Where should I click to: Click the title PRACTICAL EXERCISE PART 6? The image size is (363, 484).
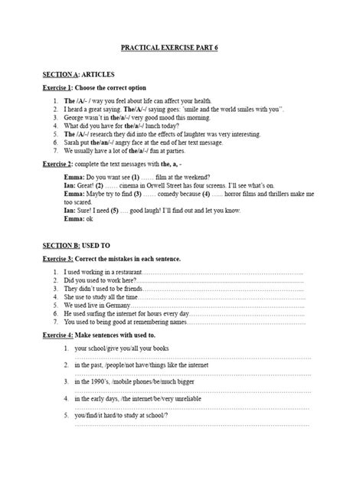181,47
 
